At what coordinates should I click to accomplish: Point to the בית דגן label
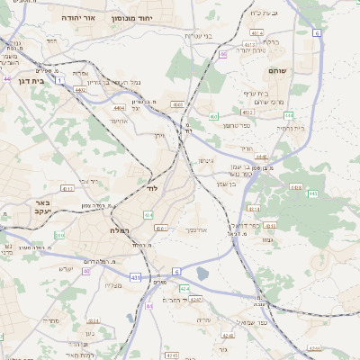(x=18, y=79)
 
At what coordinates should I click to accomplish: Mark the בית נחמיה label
(x=289, y=128)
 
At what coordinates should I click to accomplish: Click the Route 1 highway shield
(x=59, y=80)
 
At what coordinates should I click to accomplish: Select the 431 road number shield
(x=135, y=278)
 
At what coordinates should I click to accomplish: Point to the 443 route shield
(x=312, y=193)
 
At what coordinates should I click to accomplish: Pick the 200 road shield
(x=59, y=235)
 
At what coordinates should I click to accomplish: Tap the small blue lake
(x=202, y=274)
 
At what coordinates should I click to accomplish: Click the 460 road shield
(x=213, y=116)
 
